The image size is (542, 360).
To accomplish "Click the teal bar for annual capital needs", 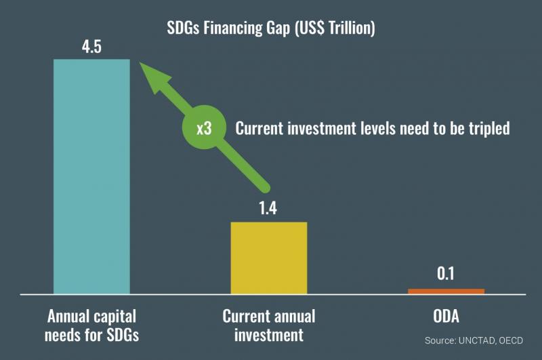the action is click(91, 176).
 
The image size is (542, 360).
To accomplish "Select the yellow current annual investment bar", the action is click(269, 258).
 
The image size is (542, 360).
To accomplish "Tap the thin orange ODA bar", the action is click(446, 291).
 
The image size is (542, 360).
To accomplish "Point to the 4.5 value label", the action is click(91, 46).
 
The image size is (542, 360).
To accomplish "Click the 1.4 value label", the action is click(268, 208).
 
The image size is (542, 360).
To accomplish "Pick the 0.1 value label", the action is click(446, 273).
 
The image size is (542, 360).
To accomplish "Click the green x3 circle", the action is click(205, 127).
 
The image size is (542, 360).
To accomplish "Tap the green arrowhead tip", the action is click(140, 62).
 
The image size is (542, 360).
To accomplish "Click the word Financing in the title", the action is click(232, 28).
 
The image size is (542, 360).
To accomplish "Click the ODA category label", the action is click(446, 316).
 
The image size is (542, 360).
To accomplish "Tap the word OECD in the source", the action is click(511, 340).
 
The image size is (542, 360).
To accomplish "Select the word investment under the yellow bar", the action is click(268, 335).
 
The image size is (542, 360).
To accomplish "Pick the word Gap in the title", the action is click(278, 28).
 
